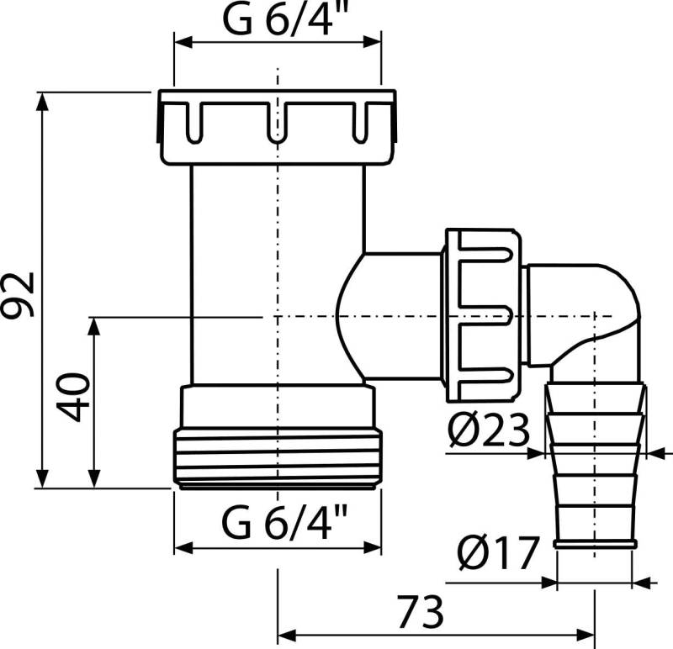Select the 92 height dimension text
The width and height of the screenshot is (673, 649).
19,293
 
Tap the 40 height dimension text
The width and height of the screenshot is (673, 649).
73,397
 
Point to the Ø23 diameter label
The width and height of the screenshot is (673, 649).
489,432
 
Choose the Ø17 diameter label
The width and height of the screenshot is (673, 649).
498,553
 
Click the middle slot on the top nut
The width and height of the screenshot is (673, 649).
277,122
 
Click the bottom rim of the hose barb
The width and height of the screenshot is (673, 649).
596,545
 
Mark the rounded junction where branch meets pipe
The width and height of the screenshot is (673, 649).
349,315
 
